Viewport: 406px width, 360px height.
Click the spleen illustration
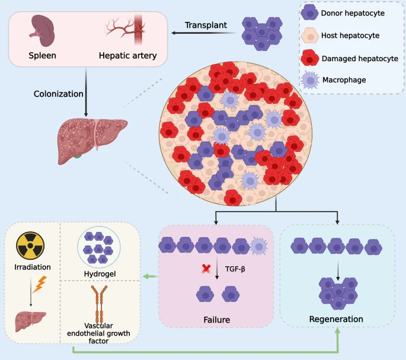pos(42,30)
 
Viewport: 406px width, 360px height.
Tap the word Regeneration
pos(336,320)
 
